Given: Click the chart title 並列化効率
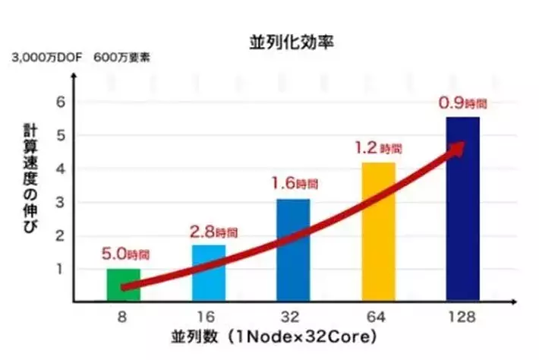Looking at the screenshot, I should [292, 43].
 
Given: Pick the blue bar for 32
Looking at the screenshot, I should [293, 250].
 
